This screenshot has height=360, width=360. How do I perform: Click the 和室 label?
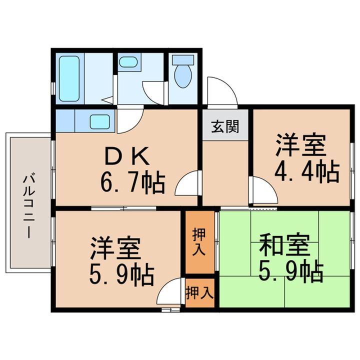click(x=284, y=245)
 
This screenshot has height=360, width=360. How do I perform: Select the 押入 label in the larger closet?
click(x=199, y=242)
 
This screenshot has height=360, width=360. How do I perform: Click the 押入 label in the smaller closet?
click(x=199, y=293)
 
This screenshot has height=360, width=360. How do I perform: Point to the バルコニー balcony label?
click(x=28, y=204)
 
